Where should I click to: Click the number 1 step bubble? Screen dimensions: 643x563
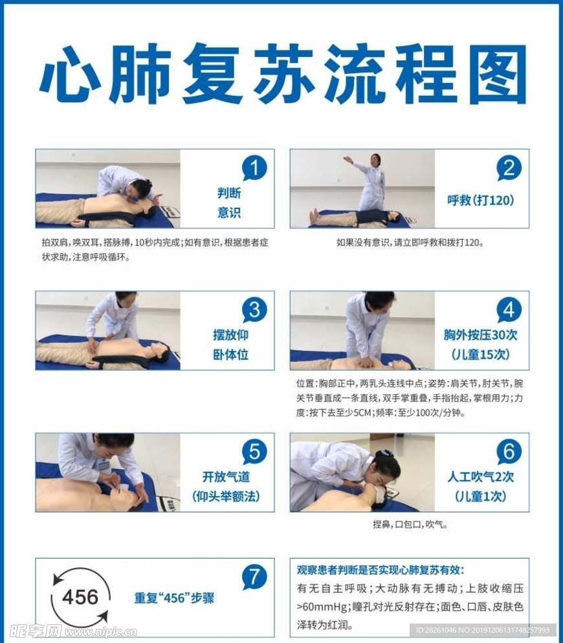[x=254, y=168]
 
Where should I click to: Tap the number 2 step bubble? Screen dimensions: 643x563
[x=509, y=168]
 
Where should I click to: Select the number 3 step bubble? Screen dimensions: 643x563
[x=254, y=310]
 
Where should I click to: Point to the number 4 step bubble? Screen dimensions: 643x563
[x=509, y=310]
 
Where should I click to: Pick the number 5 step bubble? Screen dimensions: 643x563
[x=254, y=451]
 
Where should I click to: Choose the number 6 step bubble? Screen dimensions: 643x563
[x=509, y=451]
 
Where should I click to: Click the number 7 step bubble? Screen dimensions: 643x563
[x=254, y=576]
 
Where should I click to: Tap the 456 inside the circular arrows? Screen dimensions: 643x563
[x=80, y=597]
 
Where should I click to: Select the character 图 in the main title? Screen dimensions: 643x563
[x=493, y=74]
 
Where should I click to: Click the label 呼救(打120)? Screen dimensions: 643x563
[x=481, y=201]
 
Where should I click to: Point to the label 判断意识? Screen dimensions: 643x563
[x=228, y=203]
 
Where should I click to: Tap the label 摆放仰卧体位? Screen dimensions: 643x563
[x=230, y=344]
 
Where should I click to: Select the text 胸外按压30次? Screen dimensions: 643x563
[x=481, y=335]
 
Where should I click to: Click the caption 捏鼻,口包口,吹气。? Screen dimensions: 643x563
[x=410, y=525]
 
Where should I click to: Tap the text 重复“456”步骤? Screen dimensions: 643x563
[x=174, y=598]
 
